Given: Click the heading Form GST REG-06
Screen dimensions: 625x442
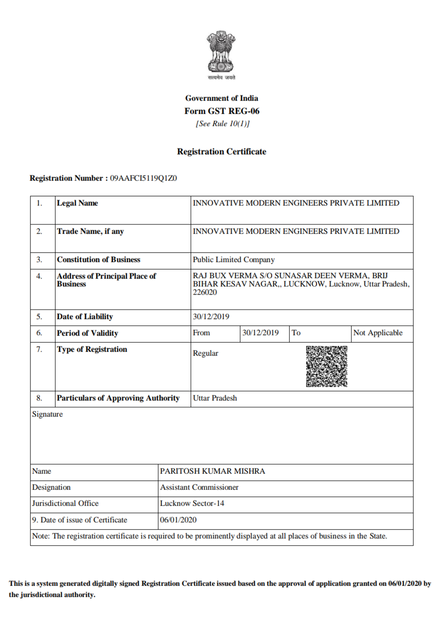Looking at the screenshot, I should (222, 111).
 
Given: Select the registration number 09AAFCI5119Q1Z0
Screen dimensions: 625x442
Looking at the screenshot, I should (143, 178).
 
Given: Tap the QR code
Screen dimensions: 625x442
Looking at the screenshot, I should (326, 366).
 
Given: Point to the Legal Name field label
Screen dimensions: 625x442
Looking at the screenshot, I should (77, 203).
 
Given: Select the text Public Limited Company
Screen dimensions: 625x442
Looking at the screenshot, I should (233, 260).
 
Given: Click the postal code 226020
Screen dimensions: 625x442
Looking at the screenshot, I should (205, 292).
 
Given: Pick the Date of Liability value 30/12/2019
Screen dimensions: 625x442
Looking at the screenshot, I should (211, 317).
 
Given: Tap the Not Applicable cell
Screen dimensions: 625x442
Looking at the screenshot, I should (378, 333).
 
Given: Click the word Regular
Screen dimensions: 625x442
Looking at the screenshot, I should (205, 353).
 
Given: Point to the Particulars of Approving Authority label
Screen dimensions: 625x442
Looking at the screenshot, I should (118, 398).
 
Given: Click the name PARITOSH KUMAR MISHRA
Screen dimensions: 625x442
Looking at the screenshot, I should (212, 471).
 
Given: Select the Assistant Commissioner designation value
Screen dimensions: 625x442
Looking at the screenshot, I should (199, 487).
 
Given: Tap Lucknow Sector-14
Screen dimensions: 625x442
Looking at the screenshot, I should (192, 503).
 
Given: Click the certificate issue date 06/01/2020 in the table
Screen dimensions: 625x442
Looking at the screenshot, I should (178, 520).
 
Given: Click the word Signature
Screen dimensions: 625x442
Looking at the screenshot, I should (47, 414).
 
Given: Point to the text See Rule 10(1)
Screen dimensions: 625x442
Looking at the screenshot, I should (222, 123).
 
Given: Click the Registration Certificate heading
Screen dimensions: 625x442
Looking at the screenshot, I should (222, 152).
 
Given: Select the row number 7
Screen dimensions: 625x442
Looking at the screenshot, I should (39, 349).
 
